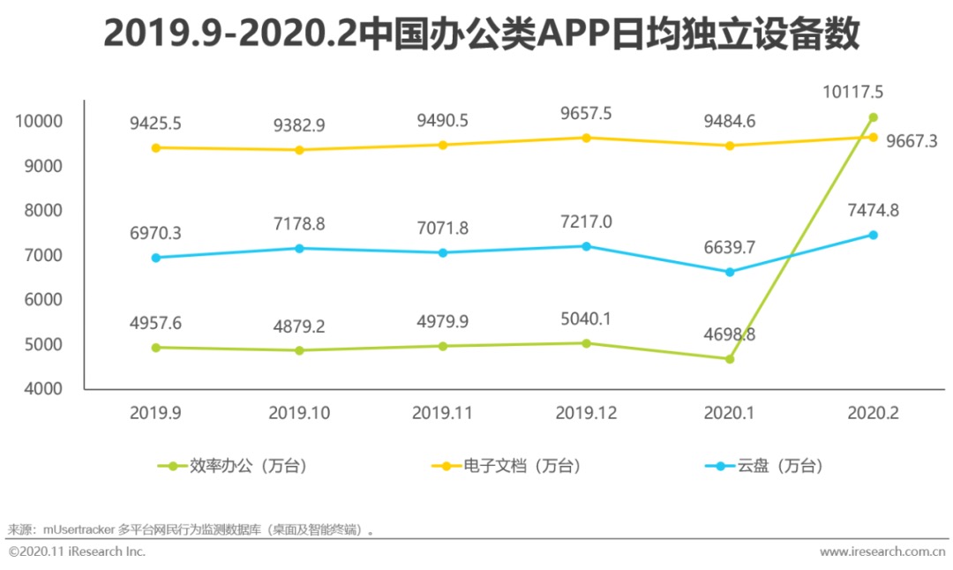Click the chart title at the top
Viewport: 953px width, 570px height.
tap(481, 34)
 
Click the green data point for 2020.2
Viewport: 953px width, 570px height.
tap(873, 117)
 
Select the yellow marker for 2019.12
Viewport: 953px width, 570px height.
tap(586, 138)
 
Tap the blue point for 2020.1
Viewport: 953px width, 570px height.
tap(729, 272)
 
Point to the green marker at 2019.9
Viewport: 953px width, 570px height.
tap(156, 348)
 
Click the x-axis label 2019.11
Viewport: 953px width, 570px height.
tap(443, 413)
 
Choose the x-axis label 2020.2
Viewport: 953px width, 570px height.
tap(873, 413)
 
